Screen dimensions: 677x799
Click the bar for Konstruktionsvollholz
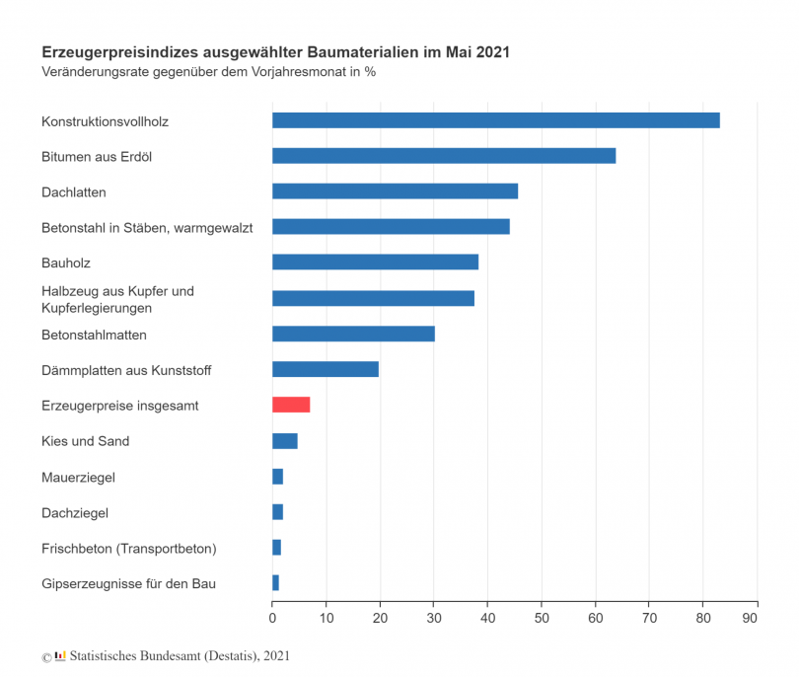point(495,120)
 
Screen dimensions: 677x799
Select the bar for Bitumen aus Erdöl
point(444,156)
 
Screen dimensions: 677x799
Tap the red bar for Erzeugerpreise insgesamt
point(291,405)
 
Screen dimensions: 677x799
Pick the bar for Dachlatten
point(395,191)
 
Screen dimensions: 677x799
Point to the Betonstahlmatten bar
point(353,334)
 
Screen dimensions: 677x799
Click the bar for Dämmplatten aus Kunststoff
point(326,369)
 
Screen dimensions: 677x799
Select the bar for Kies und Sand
point(285,441)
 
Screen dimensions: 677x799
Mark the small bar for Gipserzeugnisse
point(276,583)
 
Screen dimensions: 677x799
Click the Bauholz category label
point(66,263)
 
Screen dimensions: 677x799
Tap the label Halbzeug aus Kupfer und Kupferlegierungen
point(117,299)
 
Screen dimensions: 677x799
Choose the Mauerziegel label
point(78,477)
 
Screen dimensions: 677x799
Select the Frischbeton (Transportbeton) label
point(128,548)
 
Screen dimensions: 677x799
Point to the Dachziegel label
point(75,512)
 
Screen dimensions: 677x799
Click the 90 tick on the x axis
point(756,618)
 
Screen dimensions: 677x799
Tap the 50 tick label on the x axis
point(541,618)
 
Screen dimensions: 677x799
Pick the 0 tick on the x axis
point(272,618)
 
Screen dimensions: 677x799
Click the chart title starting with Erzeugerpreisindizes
point(275,50)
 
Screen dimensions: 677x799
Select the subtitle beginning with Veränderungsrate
point(208,71)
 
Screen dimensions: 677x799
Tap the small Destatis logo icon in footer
point(60,654)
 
